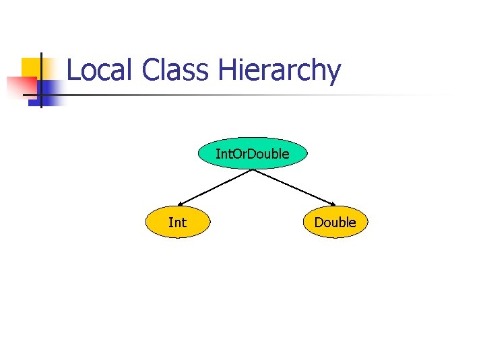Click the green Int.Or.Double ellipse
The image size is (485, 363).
tap(253, 154)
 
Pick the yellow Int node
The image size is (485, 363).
tap(178, 222)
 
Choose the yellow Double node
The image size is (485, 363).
tap(335, 222)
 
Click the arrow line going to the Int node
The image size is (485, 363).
tap(216, 186)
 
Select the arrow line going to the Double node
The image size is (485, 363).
tap(294, 186)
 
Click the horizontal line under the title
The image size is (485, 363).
tap(256, 95)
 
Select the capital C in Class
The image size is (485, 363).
tap(152, 70)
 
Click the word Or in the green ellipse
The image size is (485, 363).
tap(241, 154)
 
